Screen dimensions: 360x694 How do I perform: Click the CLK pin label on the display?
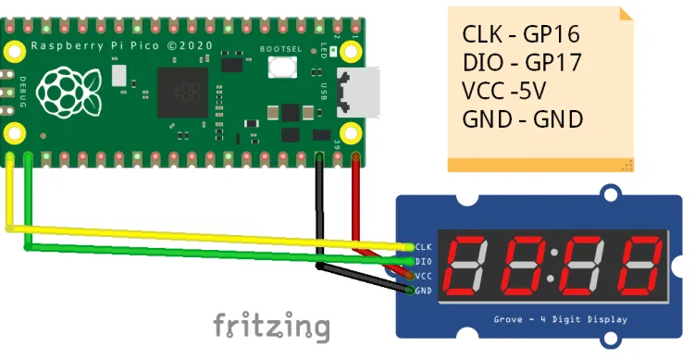point(425,246)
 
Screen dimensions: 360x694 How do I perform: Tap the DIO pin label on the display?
point(425,261)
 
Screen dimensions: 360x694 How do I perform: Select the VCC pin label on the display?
point(425,276)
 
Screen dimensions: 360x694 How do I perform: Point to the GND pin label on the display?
point(425,291)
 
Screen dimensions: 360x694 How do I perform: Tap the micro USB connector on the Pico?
point(363,92)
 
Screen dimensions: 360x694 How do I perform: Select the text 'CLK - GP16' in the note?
point(520,35)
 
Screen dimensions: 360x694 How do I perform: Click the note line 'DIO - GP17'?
point(520,63)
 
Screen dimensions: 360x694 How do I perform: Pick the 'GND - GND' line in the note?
point(522,118)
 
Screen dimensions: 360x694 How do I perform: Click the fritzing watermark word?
point(271,326)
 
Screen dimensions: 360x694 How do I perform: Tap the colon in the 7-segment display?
point(552,267)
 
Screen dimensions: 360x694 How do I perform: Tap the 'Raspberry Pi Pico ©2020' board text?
point(122,45)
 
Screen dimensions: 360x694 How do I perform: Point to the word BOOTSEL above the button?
point(278,45)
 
